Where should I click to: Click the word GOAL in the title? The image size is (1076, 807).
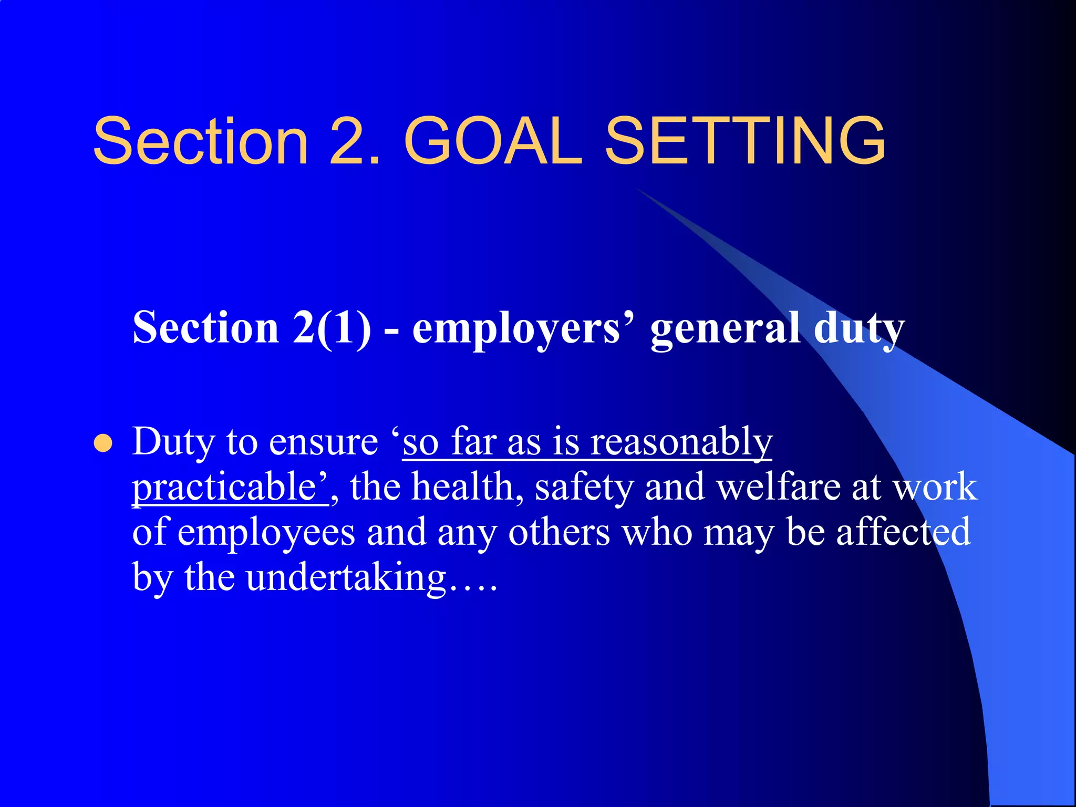pyautogui.click(x=493, y=141)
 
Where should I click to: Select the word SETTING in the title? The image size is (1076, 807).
pyautogui.click(x=745, y=141)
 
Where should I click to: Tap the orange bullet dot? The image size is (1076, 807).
pyautogui.click(x=103, y=443)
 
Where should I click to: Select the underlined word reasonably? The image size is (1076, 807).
pyautogui.click(x=681, y=442)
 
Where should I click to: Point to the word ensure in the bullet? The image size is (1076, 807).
pyautogui.click(x=323, y=442)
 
